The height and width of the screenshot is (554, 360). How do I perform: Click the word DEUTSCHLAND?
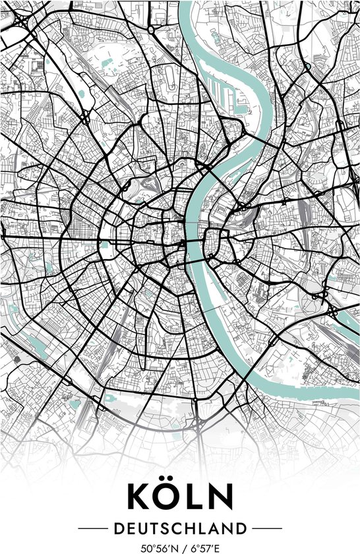pos(179,528)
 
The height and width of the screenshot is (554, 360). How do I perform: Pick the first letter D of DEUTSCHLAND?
pos(117,528)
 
